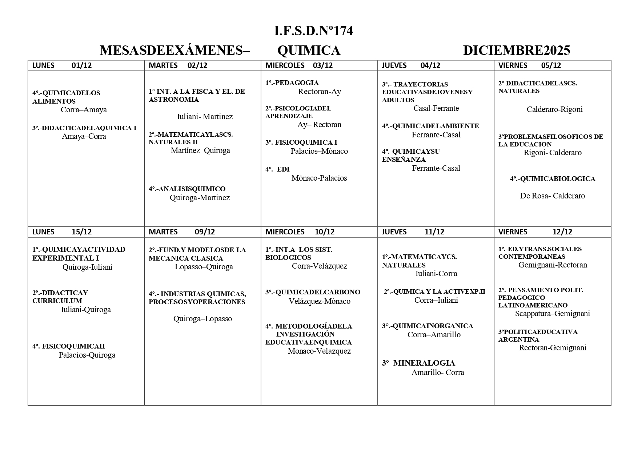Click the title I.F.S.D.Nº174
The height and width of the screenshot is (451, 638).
point(313,31)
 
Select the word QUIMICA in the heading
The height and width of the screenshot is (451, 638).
point(309,51)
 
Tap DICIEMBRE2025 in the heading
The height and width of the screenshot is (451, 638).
point(517,51)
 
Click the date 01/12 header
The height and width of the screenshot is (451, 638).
point(82,65)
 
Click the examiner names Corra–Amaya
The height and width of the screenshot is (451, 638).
point(84,110)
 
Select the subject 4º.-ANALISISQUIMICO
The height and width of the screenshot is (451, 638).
point(187,189)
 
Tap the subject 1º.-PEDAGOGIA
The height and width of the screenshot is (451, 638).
point(292,83)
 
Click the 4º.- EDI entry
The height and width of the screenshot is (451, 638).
point(277,169)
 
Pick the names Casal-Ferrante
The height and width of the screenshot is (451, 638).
point(436,108)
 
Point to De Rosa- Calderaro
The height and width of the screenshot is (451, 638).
point(552,196)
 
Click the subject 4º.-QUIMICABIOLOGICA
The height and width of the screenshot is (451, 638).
point(553,179)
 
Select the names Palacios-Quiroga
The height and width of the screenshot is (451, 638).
point(87,355)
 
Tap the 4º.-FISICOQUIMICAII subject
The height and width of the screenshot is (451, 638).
point(68,346)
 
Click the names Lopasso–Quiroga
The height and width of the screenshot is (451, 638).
point(204,267)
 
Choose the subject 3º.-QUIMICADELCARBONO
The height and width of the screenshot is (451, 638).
point(313,292)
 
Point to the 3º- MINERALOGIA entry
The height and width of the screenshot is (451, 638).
point(418,363)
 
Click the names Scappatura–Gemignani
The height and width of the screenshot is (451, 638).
point(552,314)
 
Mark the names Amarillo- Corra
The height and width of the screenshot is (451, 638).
point(438,373)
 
